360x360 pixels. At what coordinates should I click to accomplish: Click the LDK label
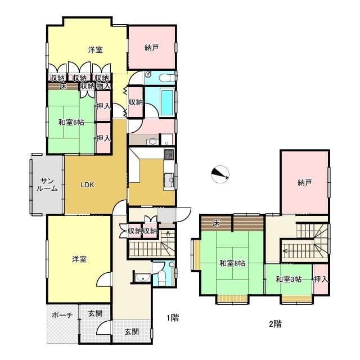click(88, 184)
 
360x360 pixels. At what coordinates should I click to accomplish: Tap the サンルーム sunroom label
click(47, 184)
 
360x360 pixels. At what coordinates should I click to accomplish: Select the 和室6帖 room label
click(71, 122)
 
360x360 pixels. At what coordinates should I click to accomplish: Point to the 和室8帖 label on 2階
click(232, 263)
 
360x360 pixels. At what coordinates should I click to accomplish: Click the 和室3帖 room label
click(289, 280)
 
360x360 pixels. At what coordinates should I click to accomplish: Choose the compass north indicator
click(220, 174)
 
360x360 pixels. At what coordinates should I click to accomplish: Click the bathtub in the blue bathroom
click(167, 102)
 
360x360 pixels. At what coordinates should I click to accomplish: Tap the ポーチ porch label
click(62, 315)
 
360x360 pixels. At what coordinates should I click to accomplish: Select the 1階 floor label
click(173, 318)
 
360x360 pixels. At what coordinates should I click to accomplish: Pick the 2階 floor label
click(275, 324)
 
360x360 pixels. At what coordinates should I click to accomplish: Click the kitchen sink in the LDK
click(169, 180)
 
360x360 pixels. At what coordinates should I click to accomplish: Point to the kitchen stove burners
click(169, 154)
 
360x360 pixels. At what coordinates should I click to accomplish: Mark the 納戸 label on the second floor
click(304, 183)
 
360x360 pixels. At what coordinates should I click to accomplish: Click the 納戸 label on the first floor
click(151, 48)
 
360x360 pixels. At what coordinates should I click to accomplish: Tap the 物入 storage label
click(103, 86)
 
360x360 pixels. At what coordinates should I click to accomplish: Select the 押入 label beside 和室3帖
click(321, 280)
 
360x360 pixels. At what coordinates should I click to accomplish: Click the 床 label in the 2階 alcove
click(216, 223)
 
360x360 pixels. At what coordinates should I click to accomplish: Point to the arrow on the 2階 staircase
click(299, 251)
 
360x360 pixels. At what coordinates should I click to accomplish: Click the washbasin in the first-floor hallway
click(142, 278)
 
